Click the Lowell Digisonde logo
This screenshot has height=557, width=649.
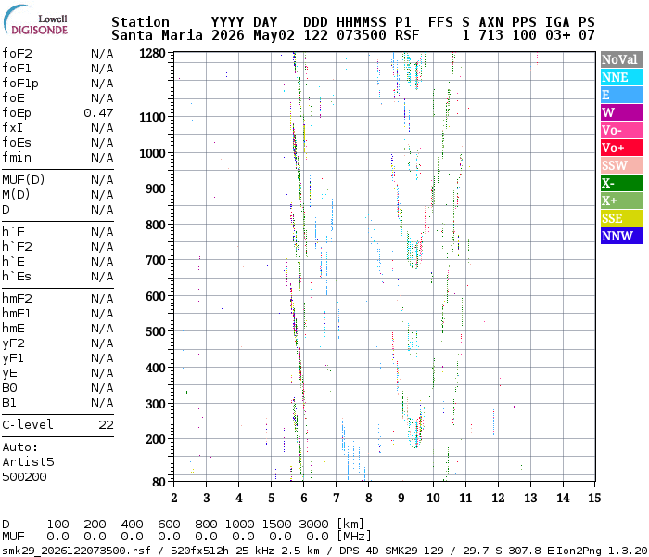(x=35, y=20)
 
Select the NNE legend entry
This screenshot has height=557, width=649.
(x=622, y=77)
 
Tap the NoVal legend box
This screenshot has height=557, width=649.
(x=622, y=59)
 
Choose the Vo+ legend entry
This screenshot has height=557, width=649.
(x=622, y=148)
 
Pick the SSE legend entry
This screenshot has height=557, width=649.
(x=622, y=218)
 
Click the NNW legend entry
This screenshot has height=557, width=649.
(x=622, y=236)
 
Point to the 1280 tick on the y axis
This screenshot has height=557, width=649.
(x=152, y=54)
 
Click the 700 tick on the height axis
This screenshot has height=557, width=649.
(x=156, y=260)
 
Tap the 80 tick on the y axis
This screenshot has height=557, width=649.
(x=159, y=482)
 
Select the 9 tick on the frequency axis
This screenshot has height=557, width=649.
(x=401, y=498)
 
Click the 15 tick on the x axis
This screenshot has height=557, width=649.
(x=594, y=498)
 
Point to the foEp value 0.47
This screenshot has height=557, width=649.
(x=98, y=113)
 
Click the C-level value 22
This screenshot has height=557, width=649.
(x=106, y=425)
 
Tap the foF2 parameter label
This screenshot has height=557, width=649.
(x=17, y=54)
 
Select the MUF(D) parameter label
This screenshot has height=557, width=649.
(x=23, y=180)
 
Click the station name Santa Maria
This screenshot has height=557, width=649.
(x=157, y=35)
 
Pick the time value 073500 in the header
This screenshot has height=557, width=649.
(x=362, y=35)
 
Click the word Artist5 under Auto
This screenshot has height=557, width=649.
(x=28, y=461)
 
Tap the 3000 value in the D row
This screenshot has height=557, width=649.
(x=313, y=524)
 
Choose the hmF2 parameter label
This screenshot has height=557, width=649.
(x=17, y=299)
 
